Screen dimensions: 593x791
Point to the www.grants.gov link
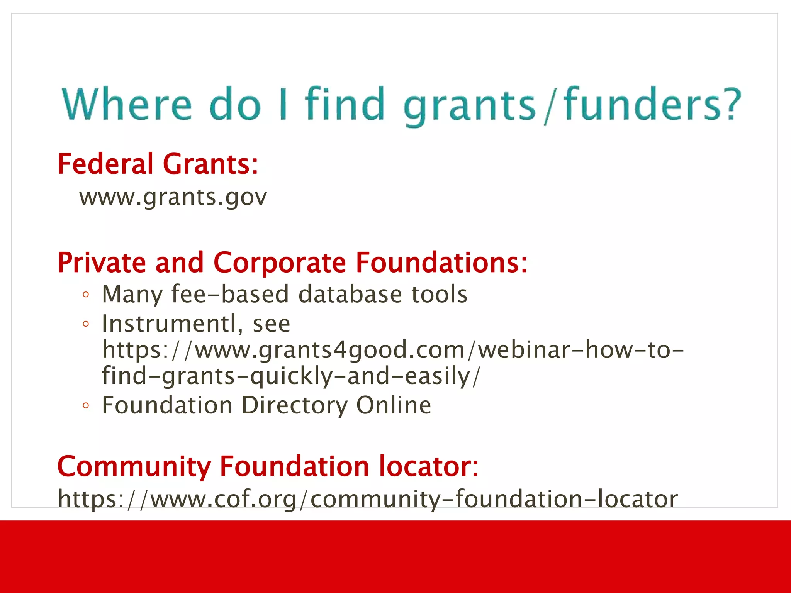coord(173,197)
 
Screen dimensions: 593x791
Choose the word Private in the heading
coord(102,263)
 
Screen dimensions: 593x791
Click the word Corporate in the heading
coord(280,263)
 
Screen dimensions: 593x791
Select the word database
coord(350,294)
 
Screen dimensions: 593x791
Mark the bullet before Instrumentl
coord(86,324)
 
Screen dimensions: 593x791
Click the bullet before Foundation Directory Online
coord(86,406)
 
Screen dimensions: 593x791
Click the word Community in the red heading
coord(134,467)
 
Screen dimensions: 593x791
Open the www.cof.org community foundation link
coord(367,499)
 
